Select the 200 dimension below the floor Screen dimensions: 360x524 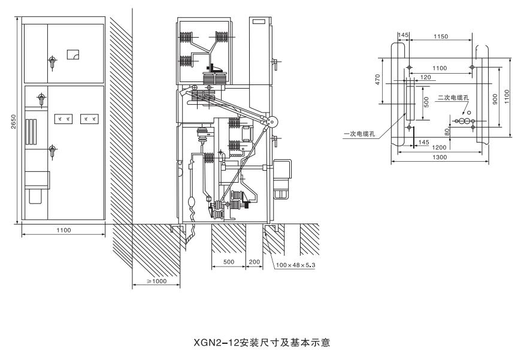coord(254,262)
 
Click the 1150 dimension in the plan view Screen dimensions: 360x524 coord(440,37)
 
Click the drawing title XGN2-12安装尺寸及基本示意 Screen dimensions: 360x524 coord(262,343)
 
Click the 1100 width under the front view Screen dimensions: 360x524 coord(63,230)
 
